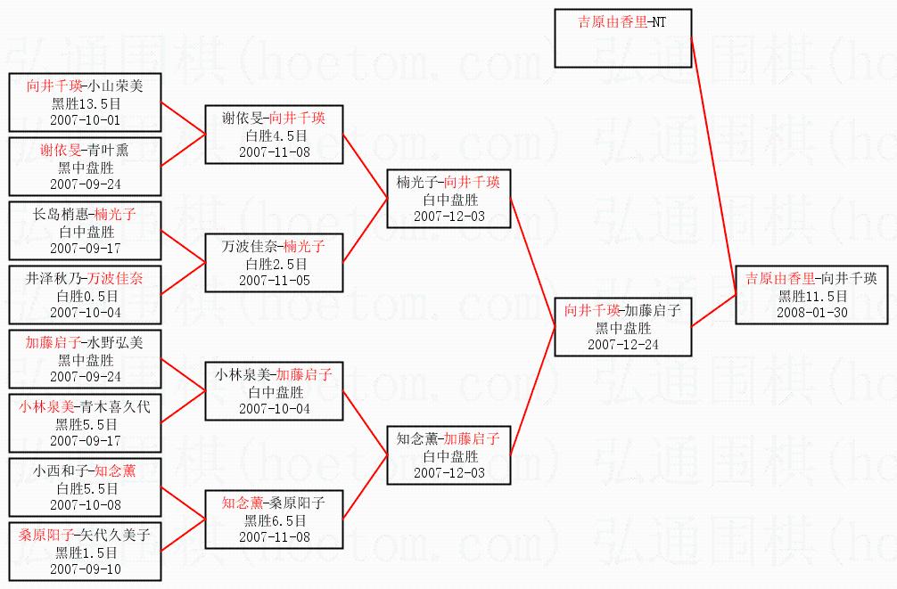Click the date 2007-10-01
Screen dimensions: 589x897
[x=85, y=119]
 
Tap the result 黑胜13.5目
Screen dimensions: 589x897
[x=85, y=102]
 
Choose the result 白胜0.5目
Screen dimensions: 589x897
[x=85, y=295]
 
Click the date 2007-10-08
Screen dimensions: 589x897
[x=85, y=504]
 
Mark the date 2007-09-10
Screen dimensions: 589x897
[x=85, y=569]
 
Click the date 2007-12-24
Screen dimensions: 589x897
[x=623, y=344]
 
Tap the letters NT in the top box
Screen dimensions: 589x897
[x=658, y=21]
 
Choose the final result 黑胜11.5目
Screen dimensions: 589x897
[x=811, y=296]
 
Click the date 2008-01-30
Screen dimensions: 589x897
[x=811, y=313]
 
